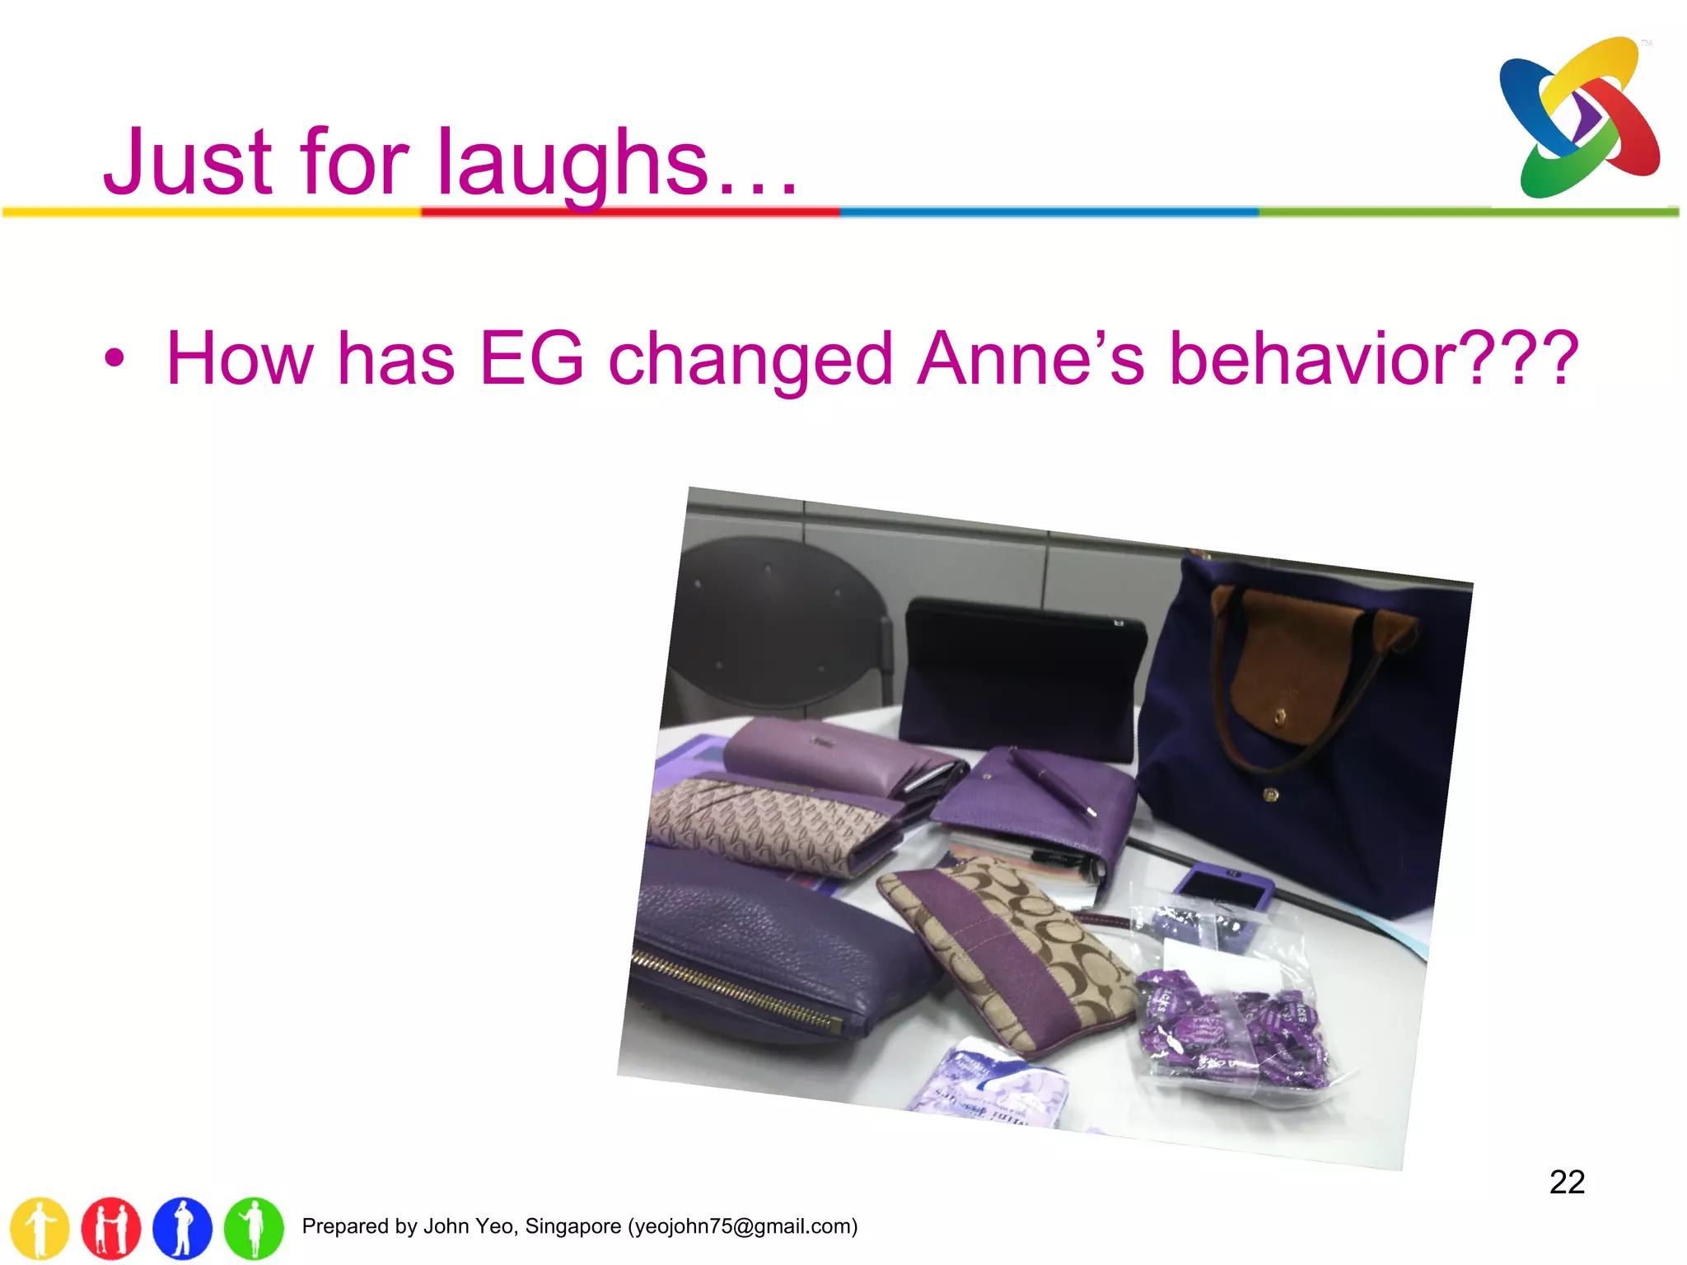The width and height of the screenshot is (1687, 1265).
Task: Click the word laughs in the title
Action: (572, 162)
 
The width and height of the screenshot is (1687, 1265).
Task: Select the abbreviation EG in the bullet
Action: (532, 358)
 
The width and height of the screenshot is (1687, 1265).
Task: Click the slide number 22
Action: (1567, 1183)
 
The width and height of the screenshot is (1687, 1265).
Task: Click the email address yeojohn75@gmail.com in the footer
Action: (742, 1226)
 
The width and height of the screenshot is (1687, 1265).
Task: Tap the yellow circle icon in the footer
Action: (40, 1228)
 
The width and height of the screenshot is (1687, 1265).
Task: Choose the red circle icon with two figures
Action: (111, 1228)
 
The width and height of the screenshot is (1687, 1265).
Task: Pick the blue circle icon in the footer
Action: (182, 1228)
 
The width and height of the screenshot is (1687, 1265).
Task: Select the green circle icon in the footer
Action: (254, 1228)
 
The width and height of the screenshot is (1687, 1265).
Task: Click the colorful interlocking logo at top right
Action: (1580, 118)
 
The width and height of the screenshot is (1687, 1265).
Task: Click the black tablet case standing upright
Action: (1021, 675)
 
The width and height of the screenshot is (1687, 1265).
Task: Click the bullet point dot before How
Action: (114, 359)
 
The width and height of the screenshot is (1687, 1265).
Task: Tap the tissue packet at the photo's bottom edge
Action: (993, 1087)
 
